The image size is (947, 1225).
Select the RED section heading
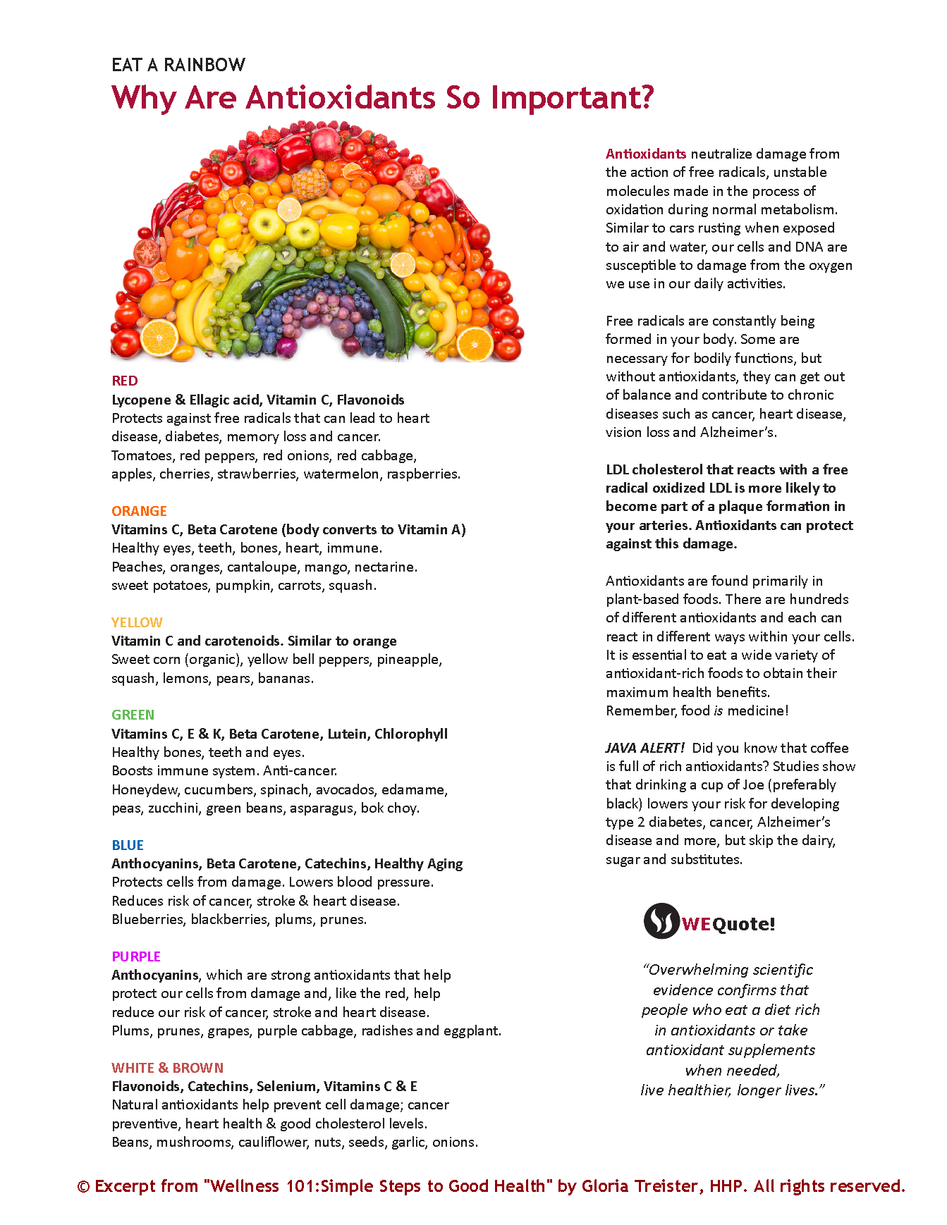(x=125, y=381)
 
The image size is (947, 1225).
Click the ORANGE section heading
(x=139, y=511)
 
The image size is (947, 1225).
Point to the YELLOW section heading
(x=137, y=622)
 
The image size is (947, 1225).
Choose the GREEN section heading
(x=133, y=715)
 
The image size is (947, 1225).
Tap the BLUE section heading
(x=128, y=845)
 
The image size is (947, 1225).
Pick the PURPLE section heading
(x=136, y=956)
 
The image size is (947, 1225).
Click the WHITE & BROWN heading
(x=167, y=1068)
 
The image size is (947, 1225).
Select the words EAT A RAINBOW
(x=178, y=66)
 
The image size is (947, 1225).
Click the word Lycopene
(x=141, y=400)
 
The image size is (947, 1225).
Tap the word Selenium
(x=286, y=1086)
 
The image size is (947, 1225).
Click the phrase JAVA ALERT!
(x=644, y=748)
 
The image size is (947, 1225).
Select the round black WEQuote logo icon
(x=661, y=921)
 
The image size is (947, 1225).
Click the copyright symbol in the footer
(x=83, y=1187)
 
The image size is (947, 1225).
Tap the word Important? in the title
(x=573, y=98)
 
